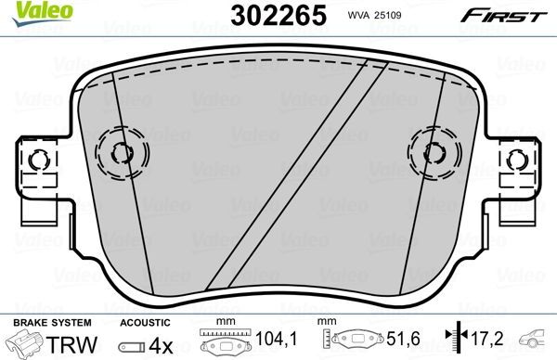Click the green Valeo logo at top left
[x=27, y=11]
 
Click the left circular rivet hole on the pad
[x=122, y=152]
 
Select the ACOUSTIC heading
[x=145, y=322]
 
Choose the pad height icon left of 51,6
[x=352, y=343]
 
